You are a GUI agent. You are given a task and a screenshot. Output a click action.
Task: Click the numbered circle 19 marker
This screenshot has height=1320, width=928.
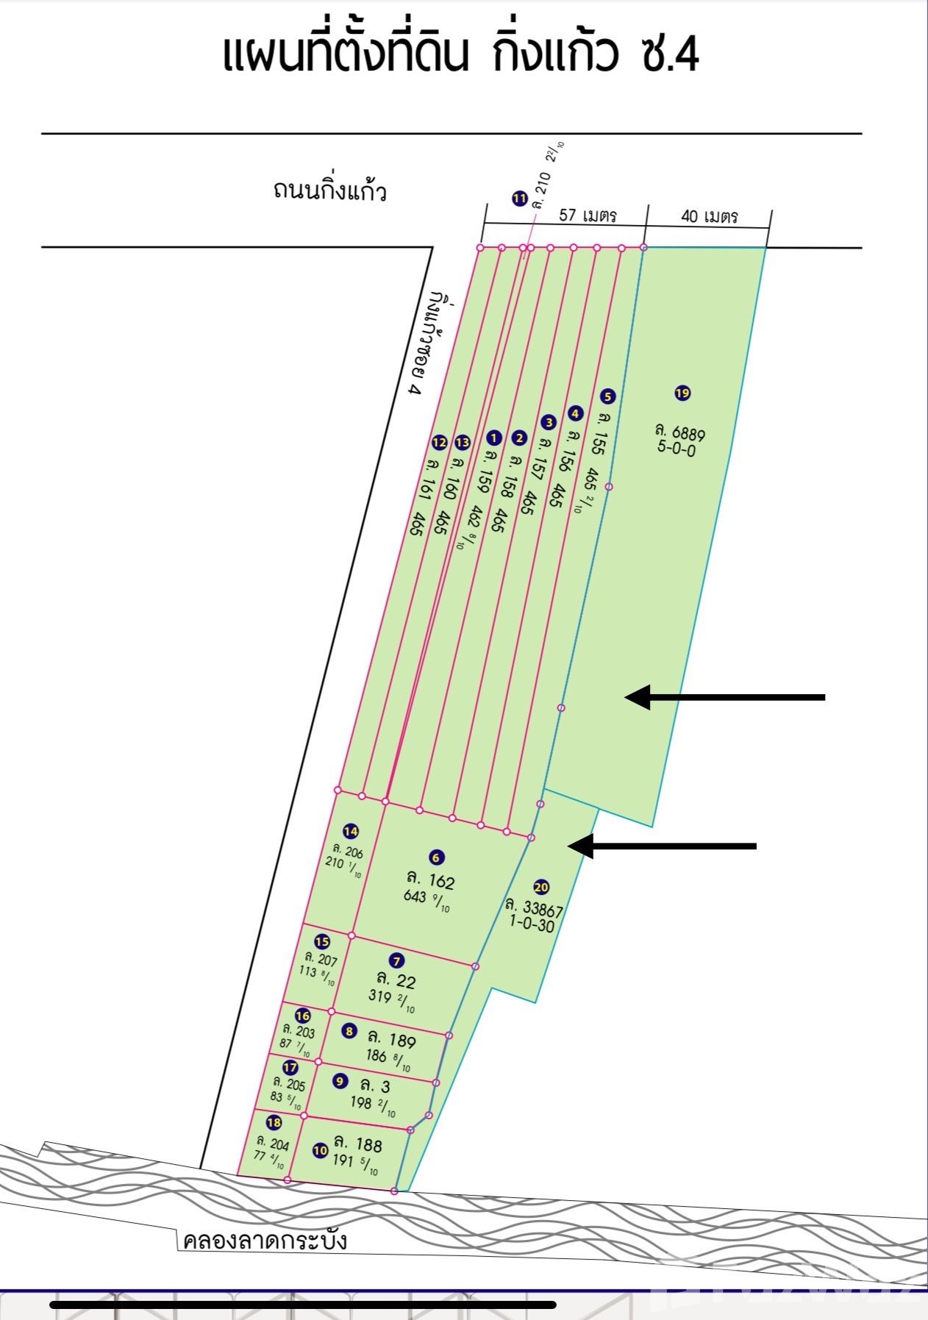pyautogui.click(x=682, y=393)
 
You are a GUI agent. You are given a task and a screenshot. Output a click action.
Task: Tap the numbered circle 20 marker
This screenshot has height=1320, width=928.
pyautogui.click(x=542, y=888)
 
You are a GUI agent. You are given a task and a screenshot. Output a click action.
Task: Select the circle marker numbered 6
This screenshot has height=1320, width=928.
pyautogui.click(x=436, y=857)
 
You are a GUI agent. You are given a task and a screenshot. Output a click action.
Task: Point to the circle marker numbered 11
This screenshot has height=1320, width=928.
pyautogui.click(x=520, y=199)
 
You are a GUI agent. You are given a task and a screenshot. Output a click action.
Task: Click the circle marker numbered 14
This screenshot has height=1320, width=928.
pyautogui.click(x=351, y=832)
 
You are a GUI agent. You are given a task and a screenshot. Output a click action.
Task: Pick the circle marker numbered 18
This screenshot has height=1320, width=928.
pyautogui.click(x=274, y=1123)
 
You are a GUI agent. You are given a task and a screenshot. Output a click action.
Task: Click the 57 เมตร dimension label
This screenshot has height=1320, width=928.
pyautogui.click(x=588, y=215)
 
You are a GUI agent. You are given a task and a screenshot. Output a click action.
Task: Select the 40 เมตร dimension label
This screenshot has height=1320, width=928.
pyautogui.click(x=710, y=217)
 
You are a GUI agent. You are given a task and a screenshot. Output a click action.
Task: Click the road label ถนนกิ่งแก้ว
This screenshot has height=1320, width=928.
pyautogui.click(x=329, y=190)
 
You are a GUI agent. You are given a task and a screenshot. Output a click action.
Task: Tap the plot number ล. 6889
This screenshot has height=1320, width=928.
pyautogui.click(x=680, y=432)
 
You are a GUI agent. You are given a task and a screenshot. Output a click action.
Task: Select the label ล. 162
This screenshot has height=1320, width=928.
pyautogui.click(x=431, y=880)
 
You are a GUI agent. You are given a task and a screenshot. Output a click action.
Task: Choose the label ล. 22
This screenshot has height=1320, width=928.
pyautogui.click(x=396, y=980)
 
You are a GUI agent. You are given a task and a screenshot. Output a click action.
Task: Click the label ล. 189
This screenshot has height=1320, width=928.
pyautogui.click(x=392, y=1039)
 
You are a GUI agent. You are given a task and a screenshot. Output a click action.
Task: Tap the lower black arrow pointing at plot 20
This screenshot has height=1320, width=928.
pyautogui.click(x=663, y=846)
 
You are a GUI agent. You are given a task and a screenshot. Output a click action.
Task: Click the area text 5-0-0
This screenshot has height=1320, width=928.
pyautogui.click(x=677, y=449)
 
